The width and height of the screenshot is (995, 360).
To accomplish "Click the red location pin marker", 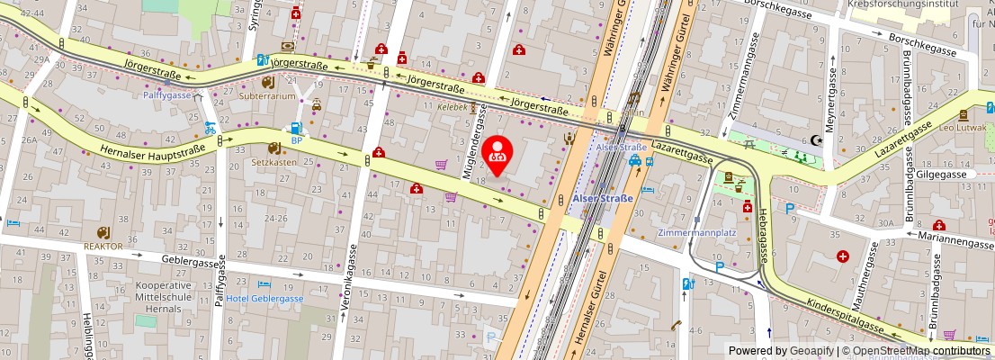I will point(497,155).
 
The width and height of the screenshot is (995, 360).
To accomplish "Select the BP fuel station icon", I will point(295,129).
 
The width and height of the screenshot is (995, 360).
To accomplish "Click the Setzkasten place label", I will point(273,163).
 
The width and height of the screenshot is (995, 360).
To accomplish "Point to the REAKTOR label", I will point(103,246).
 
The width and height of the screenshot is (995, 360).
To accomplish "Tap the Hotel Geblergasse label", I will point(264,299).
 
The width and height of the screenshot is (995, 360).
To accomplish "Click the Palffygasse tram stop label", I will point(167,94).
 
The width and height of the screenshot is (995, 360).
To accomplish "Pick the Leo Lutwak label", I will point(964,127).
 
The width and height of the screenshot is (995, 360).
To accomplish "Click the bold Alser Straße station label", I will point(603,198).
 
